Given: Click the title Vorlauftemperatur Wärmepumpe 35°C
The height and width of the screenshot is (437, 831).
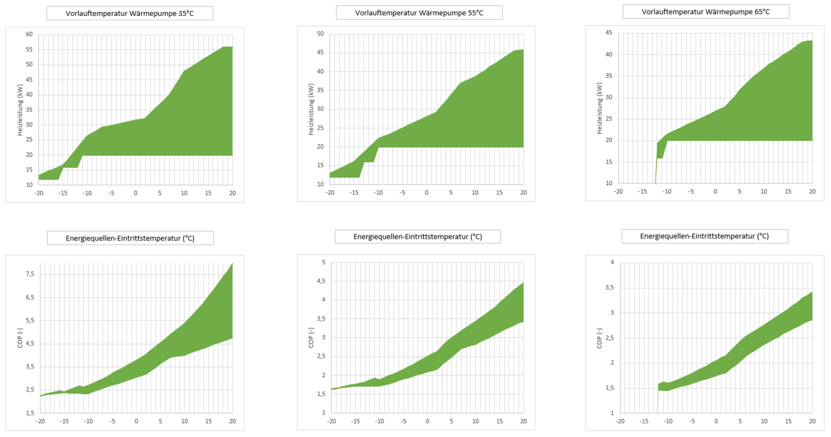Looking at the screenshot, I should click(x=129, y=14).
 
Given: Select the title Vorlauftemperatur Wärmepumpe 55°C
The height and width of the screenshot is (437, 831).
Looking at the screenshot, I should click(x=419, y=13).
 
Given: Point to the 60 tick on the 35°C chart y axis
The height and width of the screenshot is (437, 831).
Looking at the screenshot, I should click(x=29, y=34).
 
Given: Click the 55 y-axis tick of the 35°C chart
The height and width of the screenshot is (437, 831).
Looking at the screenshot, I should click(x=29, y=50).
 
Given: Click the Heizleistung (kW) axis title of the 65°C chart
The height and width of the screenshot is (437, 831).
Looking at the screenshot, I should click(x=599, y=108).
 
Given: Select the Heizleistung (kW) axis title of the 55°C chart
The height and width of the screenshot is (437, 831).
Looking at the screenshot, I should click(x=311, y=109).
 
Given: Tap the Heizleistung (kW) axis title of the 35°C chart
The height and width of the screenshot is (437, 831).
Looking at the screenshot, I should click(x=20, y=110).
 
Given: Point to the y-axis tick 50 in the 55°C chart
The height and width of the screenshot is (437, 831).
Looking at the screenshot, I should click(x=320, y=34).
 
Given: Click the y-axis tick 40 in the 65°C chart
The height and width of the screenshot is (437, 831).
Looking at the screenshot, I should click(x=609, y=55).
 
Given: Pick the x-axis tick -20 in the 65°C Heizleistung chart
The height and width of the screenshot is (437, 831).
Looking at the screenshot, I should click(x=618, y=191).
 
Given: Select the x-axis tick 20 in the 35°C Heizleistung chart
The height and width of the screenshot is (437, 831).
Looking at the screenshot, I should click(x=232, y=193).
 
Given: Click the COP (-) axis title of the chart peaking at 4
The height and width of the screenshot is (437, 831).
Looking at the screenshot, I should click(x=599, y=338).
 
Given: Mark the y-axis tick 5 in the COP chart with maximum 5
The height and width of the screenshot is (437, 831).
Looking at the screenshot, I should click(x=323, y=263).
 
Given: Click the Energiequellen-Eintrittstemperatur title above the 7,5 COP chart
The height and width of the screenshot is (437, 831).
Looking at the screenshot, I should click(x=129, y=238).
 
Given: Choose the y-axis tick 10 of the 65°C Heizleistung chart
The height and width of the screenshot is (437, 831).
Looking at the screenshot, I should click(x=609, y=184).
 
